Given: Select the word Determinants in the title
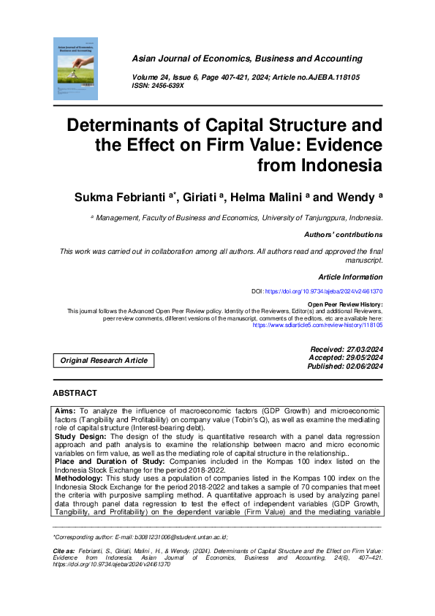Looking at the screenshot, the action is [x=130, y=124].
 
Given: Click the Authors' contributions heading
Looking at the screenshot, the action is [x=343, y=235].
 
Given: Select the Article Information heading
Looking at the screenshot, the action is [x=350, y=277].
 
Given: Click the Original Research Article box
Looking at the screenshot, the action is [x=104, y=360].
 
